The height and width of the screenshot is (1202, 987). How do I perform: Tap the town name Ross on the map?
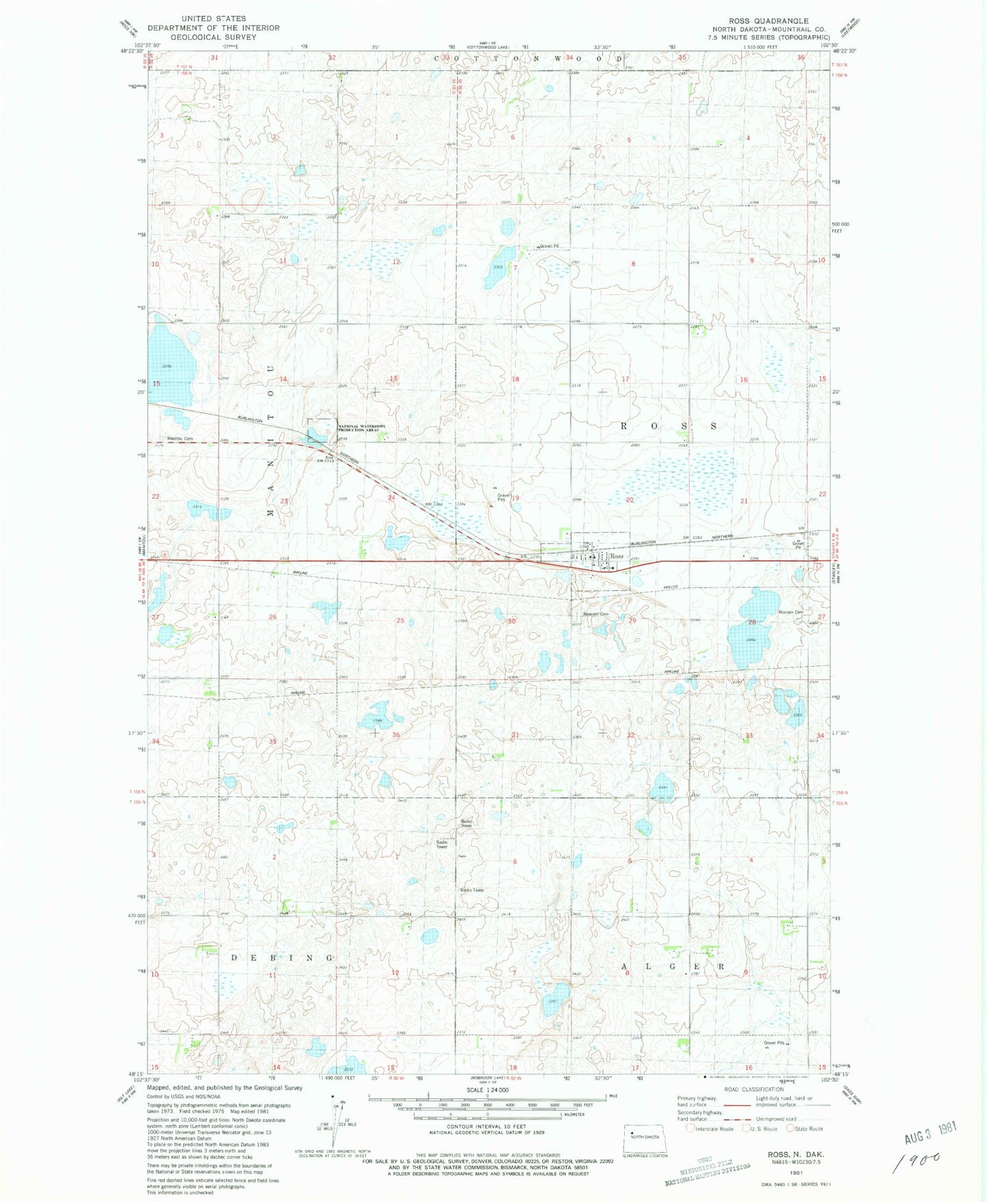617,557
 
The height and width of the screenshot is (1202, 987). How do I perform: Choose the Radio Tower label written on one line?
472,890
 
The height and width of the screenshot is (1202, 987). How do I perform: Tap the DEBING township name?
281,958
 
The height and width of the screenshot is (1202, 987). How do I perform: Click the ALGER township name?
673,967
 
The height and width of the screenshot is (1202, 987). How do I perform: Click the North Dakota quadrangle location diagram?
647,1132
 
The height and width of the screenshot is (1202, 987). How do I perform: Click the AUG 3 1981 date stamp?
931,1134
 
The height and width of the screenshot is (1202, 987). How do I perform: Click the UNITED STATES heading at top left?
214,18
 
